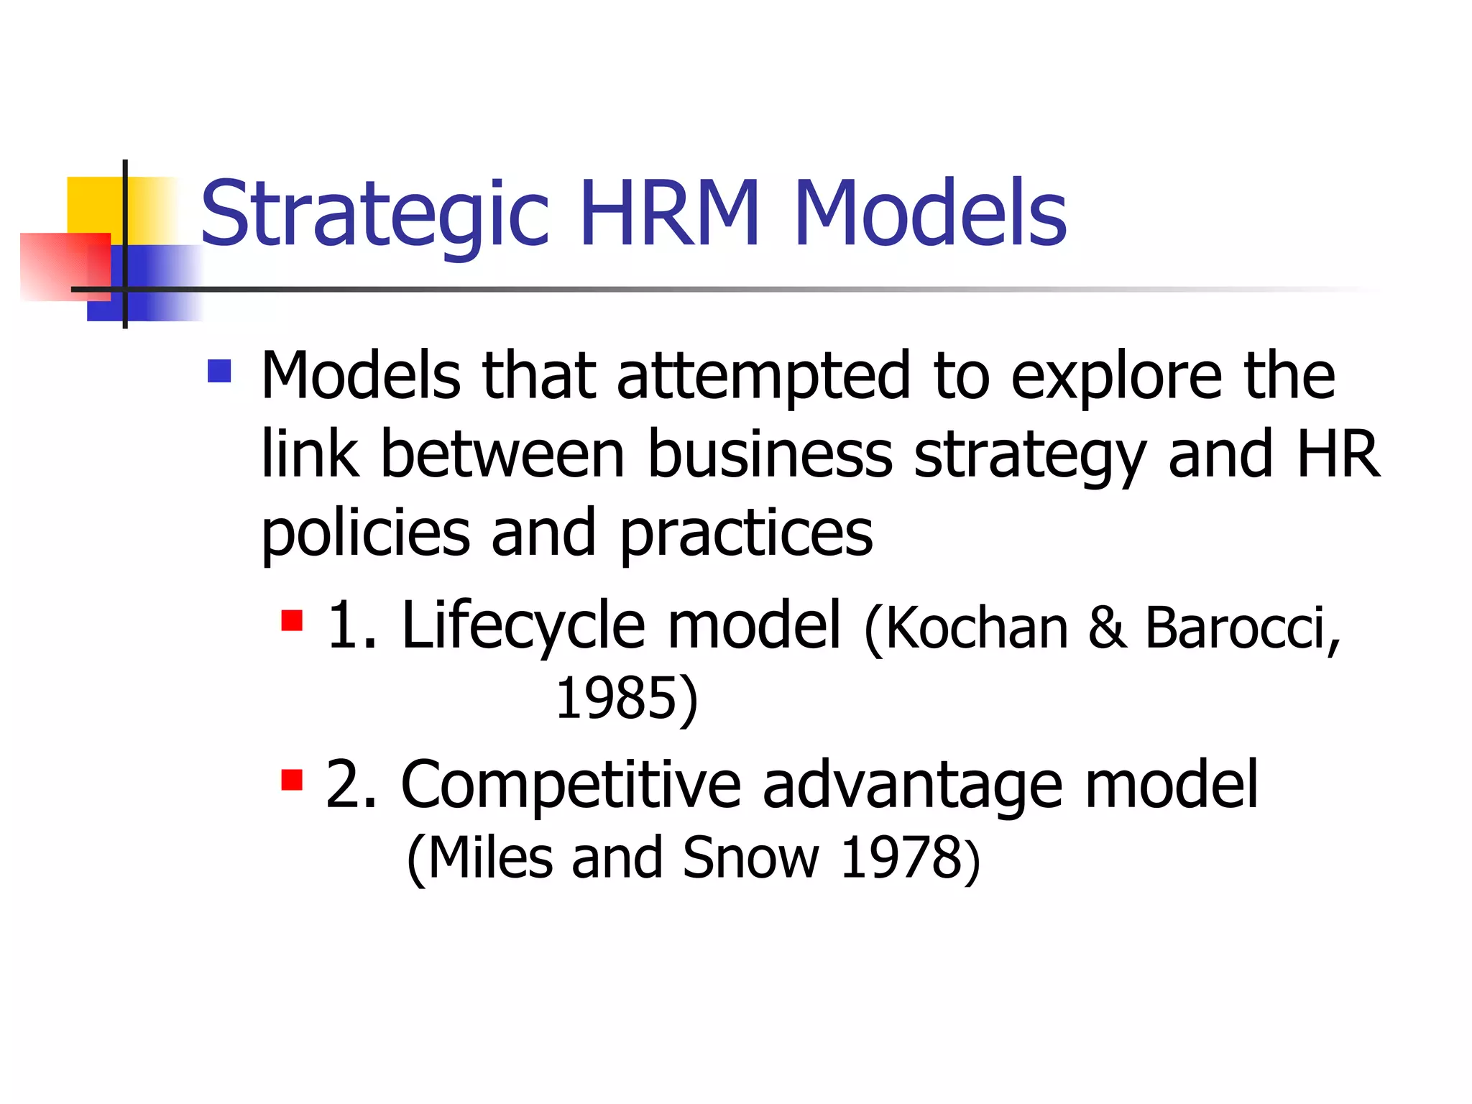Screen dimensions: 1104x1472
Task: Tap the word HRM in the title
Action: (x=669, y=214)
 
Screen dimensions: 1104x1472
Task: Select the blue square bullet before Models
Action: (x=219, y=371)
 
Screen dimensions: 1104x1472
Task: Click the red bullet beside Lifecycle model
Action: (x=292, y=620)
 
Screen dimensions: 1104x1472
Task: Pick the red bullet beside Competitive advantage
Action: (x=292, y=779)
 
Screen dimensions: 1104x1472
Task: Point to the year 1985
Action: (x=617, y=699)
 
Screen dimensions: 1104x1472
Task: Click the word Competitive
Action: (x=570, y=786)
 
